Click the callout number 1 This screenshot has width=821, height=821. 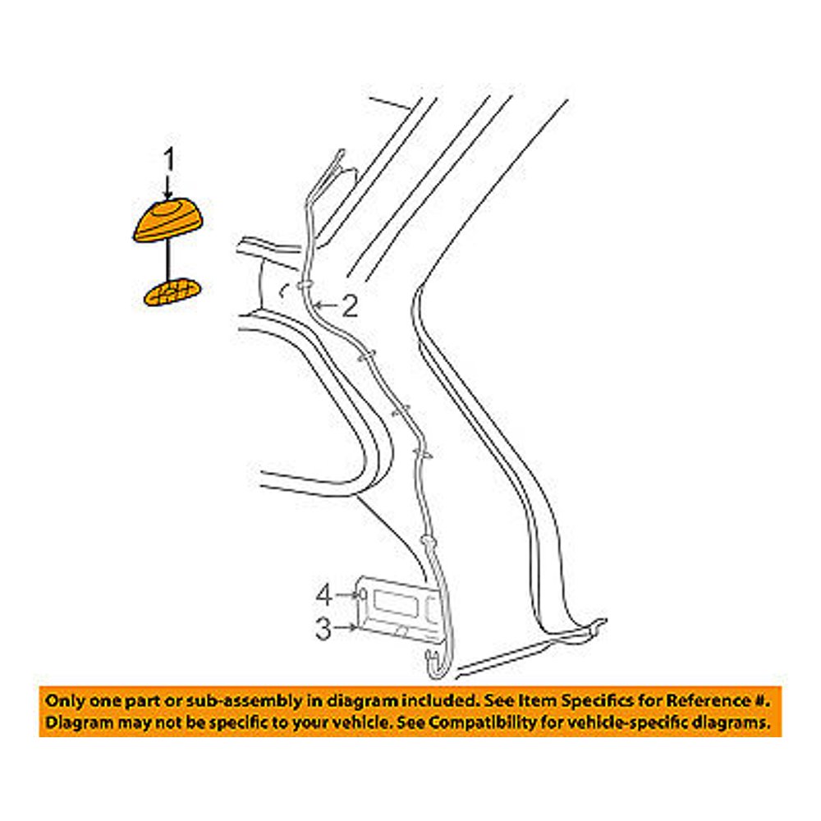pos(168,159)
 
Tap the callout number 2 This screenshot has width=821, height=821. pos(349,305)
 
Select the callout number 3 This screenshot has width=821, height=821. pos(323,629)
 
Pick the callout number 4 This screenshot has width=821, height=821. pos(324,595)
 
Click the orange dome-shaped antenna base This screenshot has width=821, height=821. pos(167,220)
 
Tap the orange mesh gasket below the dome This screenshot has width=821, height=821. pos(172,291)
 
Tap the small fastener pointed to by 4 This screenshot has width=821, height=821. pos(361,594)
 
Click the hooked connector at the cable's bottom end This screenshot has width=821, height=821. pos(436,664)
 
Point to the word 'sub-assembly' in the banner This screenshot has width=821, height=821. pos(233,702)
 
